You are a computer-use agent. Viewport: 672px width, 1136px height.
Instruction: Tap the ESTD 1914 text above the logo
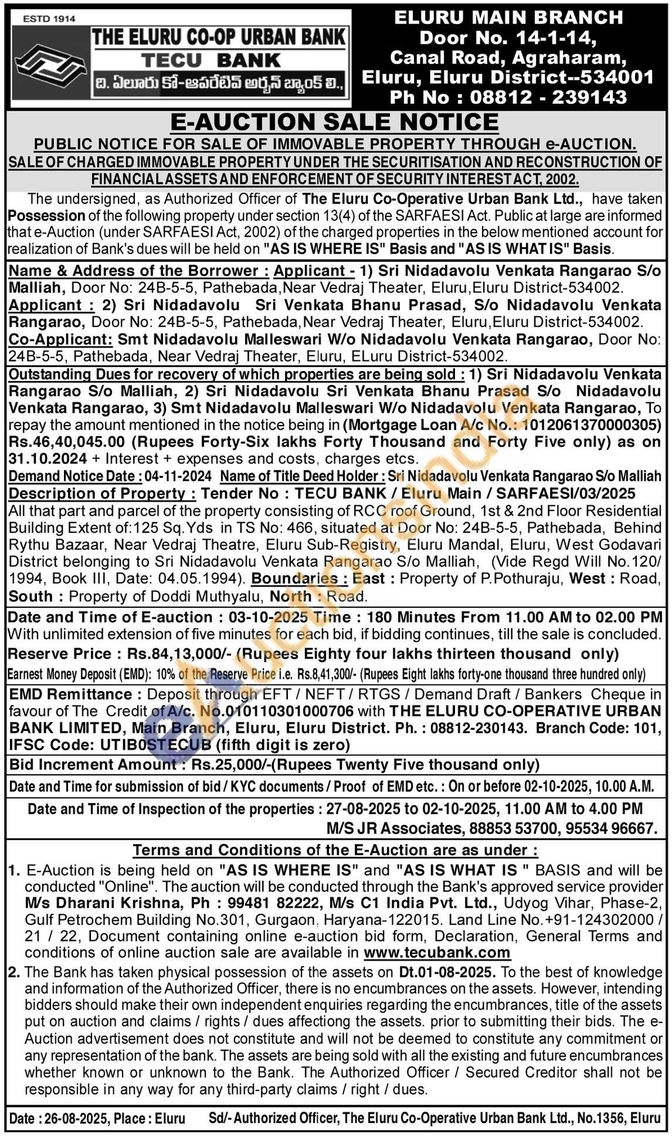[49, 19]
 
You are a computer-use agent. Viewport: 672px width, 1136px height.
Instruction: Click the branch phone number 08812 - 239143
[548, 97]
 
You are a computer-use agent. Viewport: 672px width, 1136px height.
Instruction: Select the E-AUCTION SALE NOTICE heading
[334, 122]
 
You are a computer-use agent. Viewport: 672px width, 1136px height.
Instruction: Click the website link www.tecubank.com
[437, 953]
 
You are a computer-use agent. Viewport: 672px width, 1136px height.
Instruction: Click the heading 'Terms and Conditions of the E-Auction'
[335, 850]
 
